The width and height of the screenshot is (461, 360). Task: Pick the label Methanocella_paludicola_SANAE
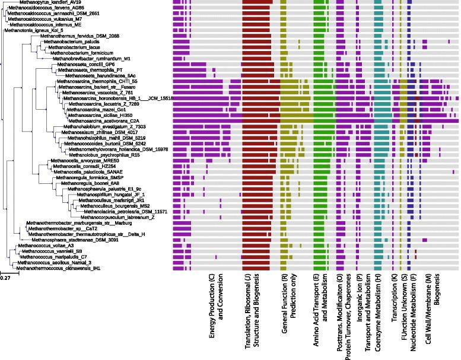click(81, 172)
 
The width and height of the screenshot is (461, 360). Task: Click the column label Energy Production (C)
click(212, 317)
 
